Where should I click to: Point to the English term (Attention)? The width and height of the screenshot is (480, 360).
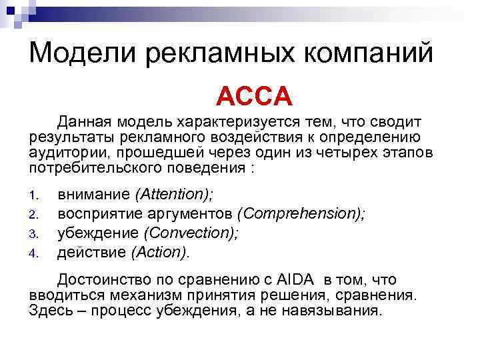pyautogui.click(x=174, y=194)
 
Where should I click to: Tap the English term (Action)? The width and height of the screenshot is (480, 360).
pyautogui.click(x=160, y=252)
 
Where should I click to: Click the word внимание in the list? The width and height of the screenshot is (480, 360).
pyautogui.click(x=94, y=194)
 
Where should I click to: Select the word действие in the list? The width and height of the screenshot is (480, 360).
pyautogui.click(x=92, y=252)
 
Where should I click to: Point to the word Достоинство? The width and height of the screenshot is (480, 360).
pyautogui.click(x=105, y=280)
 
